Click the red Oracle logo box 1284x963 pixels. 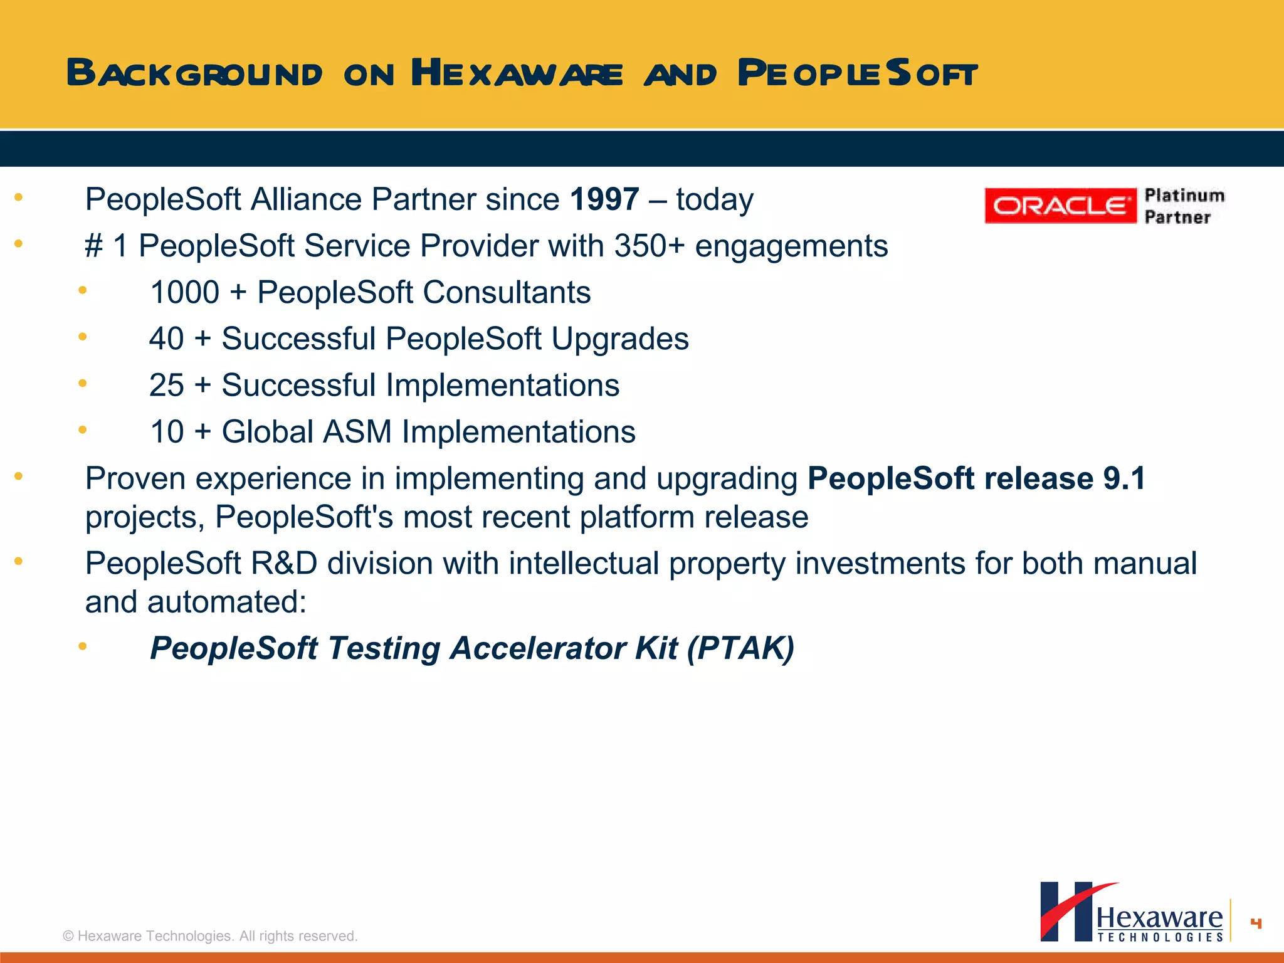coord(1060,206)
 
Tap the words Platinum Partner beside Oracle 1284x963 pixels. coord(1184,206)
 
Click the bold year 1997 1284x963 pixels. coord(604,200)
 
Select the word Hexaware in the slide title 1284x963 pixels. coord(517,73)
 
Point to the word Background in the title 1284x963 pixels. coord(194,73)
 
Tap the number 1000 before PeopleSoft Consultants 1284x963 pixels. coord(184,293)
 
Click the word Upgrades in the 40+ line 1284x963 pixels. coord(619,339)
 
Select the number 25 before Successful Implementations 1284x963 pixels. coord(166,386)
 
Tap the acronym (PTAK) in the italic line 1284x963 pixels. coord(740,648)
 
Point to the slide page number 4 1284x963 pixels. coord(1255,923)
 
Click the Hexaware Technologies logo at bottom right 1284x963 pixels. coord(1132,912)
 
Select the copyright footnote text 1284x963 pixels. coord(210,936)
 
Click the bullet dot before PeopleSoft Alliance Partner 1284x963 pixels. coord(19,197)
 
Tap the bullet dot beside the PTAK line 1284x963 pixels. coord(82,646)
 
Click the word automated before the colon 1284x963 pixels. coord(221,603)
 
